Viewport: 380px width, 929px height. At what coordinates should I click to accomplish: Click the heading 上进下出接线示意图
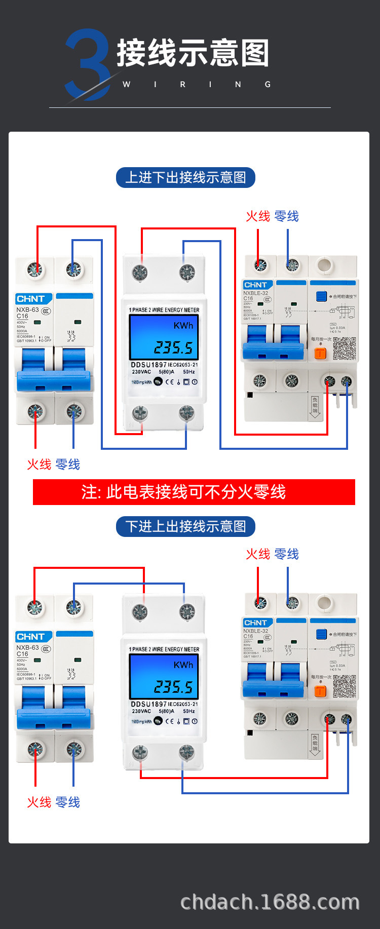[185, 178]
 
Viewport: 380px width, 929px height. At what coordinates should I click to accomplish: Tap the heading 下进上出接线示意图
[185, 527]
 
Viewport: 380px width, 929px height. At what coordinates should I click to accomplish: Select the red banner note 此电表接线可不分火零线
[194, 492]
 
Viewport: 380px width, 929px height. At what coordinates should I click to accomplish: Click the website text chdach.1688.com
[270, 902]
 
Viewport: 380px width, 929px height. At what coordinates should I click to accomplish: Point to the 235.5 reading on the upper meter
[173, 347]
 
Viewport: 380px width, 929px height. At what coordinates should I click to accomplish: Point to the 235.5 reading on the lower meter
[173, 686]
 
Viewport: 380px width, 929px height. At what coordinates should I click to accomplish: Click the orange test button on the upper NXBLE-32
[320, 353]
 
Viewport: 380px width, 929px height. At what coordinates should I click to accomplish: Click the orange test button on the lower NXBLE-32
[320, 690]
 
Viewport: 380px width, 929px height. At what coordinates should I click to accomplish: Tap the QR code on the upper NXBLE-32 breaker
[345, 349]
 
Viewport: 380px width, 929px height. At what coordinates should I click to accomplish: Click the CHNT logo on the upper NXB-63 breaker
[31, 299]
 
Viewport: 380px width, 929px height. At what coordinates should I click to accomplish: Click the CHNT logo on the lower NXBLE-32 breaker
[256, 623]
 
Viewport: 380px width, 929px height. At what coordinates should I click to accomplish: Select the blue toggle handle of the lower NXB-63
[54, 718]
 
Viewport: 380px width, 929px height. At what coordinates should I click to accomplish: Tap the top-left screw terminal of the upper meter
[140, 273]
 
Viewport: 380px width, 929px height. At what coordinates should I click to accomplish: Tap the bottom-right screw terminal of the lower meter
[187, 753]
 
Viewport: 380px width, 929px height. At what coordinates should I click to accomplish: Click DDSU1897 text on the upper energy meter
[148, 365]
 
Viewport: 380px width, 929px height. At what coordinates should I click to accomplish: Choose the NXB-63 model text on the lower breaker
[27, 647]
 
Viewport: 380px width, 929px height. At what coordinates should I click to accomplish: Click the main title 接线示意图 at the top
[193, 53]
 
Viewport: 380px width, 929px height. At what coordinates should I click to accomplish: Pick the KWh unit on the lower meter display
[183, 665]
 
